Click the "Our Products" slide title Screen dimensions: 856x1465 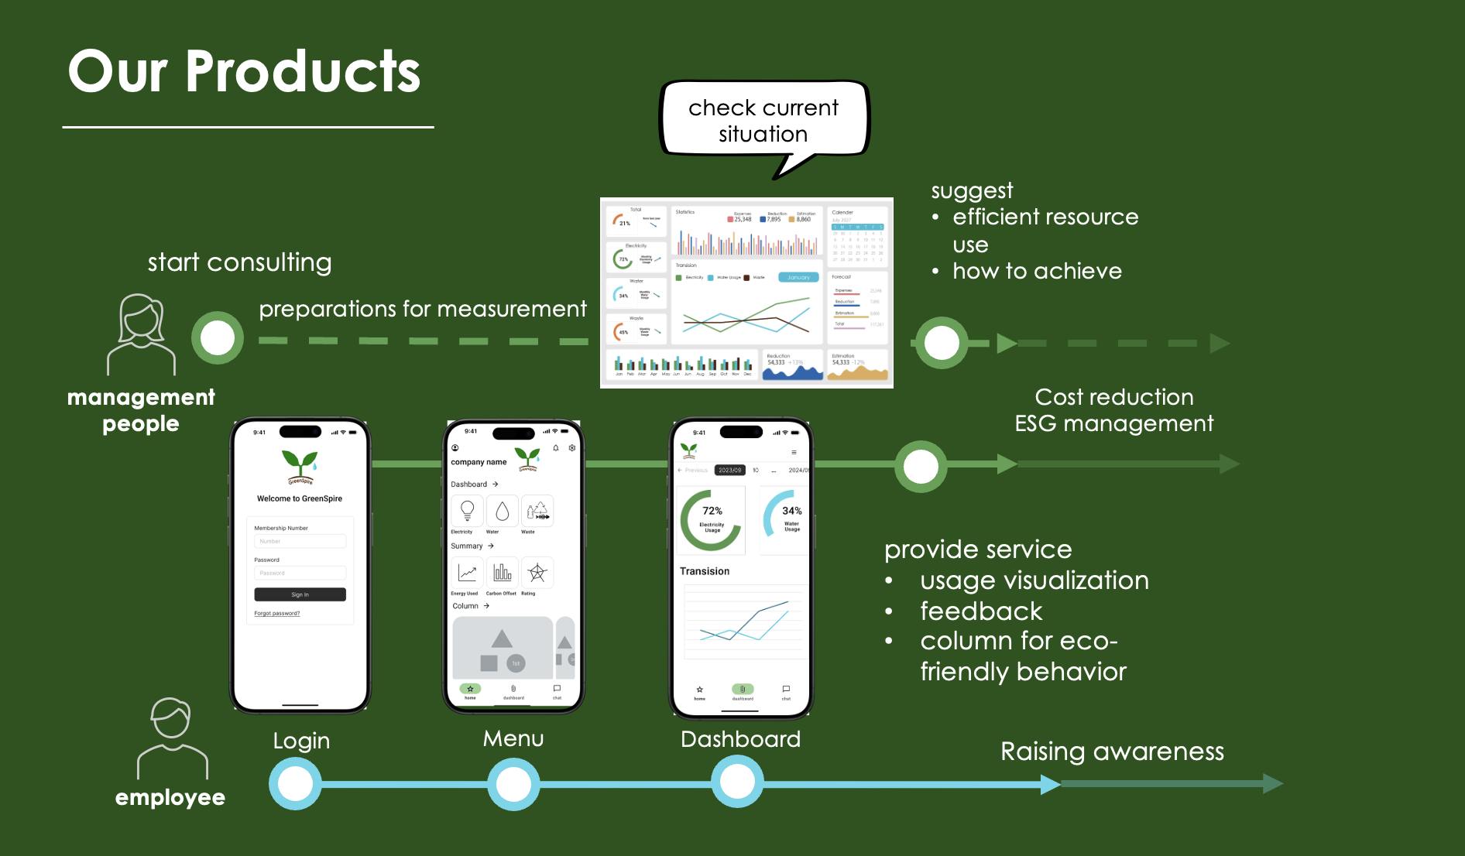coord(244,71)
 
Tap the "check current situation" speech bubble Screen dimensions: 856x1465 coord(763,121)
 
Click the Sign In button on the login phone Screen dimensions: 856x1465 coord(300,594)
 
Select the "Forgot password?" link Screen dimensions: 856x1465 coord(276,613)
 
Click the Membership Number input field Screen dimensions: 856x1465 coord(300,541)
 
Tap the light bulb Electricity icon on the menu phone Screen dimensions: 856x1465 coord(467,511)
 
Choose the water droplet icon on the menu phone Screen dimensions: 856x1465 coord(502,511)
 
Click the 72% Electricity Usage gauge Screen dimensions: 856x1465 coord(712,519)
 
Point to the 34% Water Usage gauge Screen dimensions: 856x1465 coord(785,519)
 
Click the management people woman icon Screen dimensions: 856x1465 coord(141,334)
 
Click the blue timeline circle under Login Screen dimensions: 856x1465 coord(295,784)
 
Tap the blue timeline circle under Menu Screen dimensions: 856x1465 coord(513,784)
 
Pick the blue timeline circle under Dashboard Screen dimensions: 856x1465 coord(737,782)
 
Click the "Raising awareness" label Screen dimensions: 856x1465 coord(1112,752)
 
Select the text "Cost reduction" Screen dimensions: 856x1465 coord(1113,397)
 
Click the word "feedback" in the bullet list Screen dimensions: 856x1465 coord(981,611)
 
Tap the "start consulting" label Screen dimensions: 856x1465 coord(239,262)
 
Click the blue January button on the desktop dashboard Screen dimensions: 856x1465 coord(798,277)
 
